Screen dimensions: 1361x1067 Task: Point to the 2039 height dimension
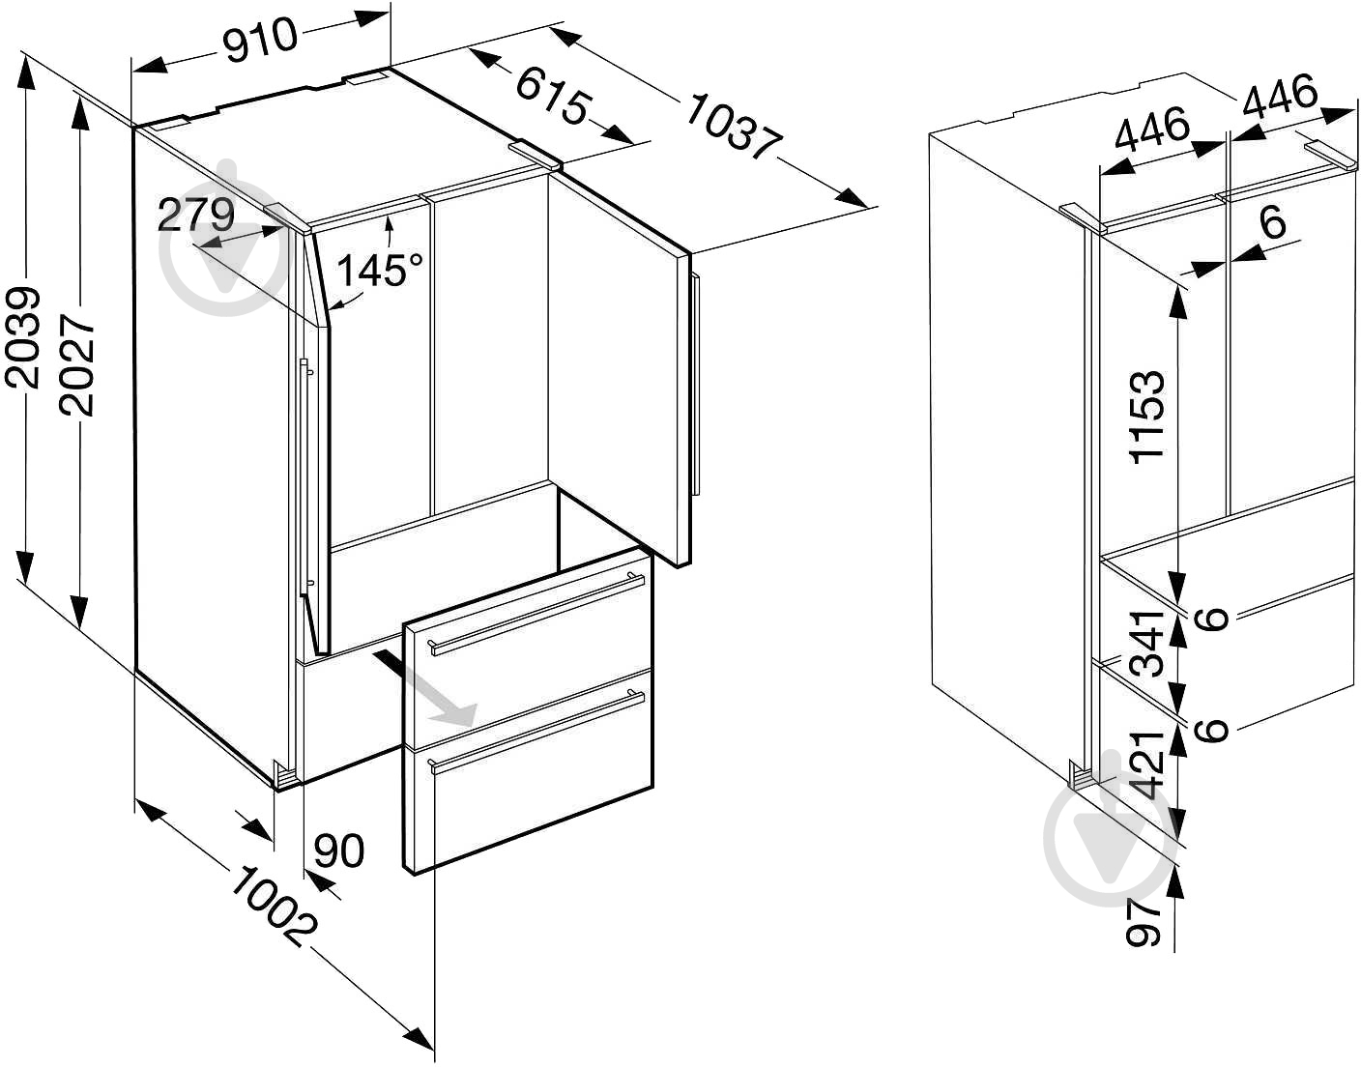coord(23,337)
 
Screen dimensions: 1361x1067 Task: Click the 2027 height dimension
coord(77,366)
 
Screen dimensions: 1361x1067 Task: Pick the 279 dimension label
coord(196,215)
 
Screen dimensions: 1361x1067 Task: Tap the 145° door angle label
coord(380,270)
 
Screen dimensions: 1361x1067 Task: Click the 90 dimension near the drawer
coord(339,851)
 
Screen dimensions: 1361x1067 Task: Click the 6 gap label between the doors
coord(1273,222)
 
